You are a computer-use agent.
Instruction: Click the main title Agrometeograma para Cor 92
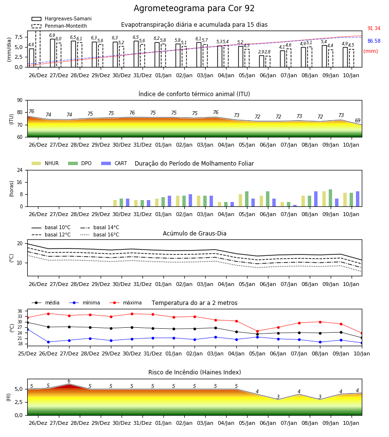[x=194, y=8]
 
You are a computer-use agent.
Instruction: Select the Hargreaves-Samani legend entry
[x=61, y=18]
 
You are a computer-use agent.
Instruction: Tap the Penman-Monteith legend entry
[x=59, y=26]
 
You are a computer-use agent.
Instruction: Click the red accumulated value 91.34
[x=374, y=29]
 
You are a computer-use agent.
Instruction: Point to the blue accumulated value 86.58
[x=374, y=41]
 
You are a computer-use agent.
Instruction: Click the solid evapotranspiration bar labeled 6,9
[x=53, y=53]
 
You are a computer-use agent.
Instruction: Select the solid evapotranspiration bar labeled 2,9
[x=262, y=61]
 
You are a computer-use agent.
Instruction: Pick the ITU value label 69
[x=357, y=120]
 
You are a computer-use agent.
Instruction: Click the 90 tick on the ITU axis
[x=20, y=101]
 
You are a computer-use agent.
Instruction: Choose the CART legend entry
[x=114, y=163]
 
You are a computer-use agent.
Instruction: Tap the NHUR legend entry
[x=45, y=163]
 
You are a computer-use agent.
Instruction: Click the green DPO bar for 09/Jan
[x=330, y=198]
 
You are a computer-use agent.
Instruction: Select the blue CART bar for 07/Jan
[x=295, y=206]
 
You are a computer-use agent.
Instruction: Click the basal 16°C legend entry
[x=100, y=235]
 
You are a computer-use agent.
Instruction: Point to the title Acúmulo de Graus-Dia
[x=194, y=234]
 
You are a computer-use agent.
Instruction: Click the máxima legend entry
[x=126, y=303]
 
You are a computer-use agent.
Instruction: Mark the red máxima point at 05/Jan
[x=257, y=331]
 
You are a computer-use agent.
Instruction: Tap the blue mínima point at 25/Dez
[x=27, y=329]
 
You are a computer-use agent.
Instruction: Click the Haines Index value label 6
[x=69, y=381]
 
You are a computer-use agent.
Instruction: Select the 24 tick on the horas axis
[x=20, y=170]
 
